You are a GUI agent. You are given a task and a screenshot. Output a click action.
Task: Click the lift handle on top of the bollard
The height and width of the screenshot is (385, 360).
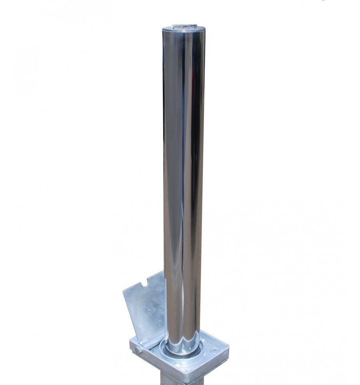click(x=182, y=26)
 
